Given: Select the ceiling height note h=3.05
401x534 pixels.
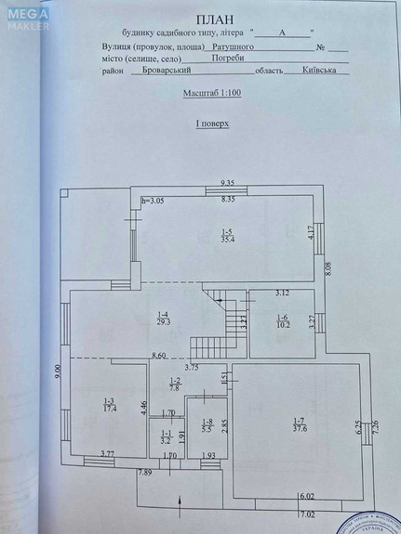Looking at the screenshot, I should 153,201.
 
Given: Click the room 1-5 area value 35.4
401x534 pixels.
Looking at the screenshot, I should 226,239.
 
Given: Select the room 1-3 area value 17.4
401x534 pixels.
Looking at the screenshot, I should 108,409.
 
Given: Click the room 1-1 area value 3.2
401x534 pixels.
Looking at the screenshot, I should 167,441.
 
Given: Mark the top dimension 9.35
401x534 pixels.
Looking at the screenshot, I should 227,184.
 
